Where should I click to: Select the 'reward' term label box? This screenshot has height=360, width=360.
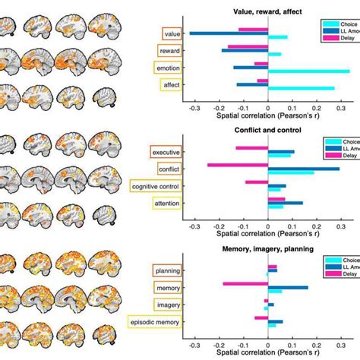point(168,51)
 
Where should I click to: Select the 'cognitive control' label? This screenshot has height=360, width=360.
point(155,187)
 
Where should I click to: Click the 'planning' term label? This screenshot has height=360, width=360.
point(166,270)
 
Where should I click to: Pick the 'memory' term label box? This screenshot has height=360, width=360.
point(167,288)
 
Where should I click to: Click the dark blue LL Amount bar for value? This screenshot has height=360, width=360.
point(228,33)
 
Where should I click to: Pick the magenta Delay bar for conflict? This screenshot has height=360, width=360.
point(238,165)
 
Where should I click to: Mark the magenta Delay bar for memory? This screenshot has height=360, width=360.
point(245,284)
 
